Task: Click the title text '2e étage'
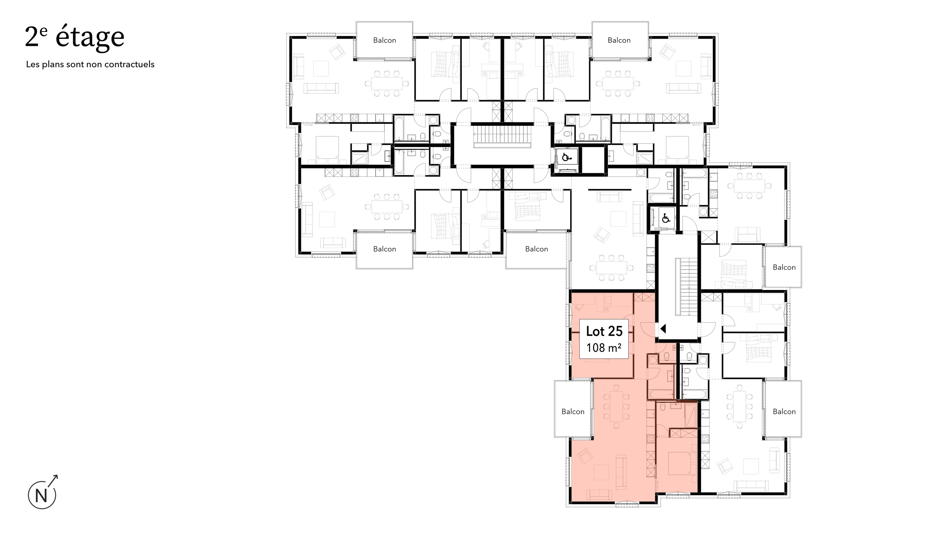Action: click(75, 37)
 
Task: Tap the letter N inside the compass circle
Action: click(41, 496)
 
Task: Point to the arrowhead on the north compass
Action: click(56, 477)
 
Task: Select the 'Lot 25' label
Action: click(604, 331)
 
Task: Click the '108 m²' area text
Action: click(604, 348)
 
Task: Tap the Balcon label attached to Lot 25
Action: click(573, 412)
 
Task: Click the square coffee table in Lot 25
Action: click(601, 472)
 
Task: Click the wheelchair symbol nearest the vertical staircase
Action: click(666, 219)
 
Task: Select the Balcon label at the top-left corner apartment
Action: click(384, 40)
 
